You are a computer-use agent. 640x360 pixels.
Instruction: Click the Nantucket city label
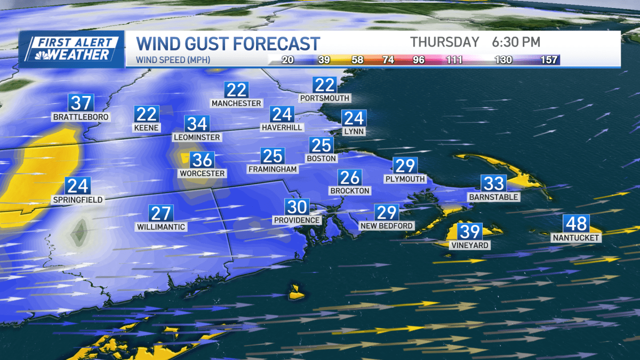click(x=576, y=238)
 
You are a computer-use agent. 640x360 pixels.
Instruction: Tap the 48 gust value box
click(x=576, y=223)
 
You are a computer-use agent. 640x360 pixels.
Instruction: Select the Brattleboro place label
click(x=81, y=117)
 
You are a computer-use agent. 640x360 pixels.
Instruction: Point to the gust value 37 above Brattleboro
click(x=81, y=102)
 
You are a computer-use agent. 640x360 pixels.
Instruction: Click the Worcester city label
click(x=202, y=174)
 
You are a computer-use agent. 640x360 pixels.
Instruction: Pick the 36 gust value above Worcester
click(x=202, y=159)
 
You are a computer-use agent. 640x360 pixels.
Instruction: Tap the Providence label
click(x=297, y=220)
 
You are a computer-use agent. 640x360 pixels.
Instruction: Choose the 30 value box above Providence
click(x=297, y=206)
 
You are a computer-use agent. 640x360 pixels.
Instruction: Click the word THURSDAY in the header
click(x=445, y=42)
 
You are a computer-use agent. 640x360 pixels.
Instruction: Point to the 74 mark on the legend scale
click(x=388, y=60)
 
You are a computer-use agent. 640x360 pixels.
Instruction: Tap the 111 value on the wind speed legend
click(x=454, y=60)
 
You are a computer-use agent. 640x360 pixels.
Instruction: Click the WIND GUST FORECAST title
click(x=228, y=43)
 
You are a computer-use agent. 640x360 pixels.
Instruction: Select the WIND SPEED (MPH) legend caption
click(x=173, y=60)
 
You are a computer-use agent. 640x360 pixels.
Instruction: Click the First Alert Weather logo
click(x=71, y=49)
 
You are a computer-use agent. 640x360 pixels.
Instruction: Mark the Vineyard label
click(x=469, y=246)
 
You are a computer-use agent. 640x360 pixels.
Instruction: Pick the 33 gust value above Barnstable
click(x=493, y=183)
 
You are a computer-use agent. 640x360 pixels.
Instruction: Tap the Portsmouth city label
click(x=325, y=98)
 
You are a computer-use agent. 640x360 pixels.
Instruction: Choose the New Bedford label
click(x=387, y=226)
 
